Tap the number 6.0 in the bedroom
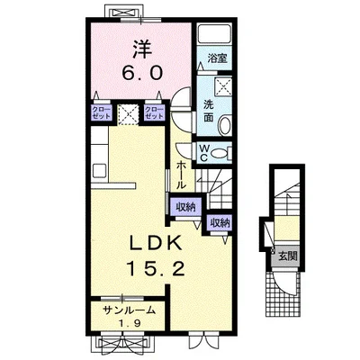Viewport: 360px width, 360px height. pyautogui.click(x=142, y=73)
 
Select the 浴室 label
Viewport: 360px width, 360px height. pyautogui.click(x=217, y=58)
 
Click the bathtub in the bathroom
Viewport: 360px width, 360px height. pyautogui.click(x=214, y=33)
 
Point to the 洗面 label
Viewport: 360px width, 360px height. pyautogui.click(x=209, y=111)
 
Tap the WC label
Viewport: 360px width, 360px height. pyautogui.click(x=204, y=153)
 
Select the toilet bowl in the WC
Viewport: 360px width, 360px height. pyautogui.click(x=220, y=153)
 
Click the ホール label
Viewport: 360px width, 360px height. pyautogui.click(x=181, y=175)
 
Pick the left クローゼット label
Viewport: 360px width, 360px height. pyautogui.click(x=102, y=112)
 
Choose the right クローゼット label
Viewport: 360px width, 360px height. pyautogui.click(x=154, y=112)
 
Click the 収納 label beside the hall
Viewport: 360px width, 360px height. pyautogui.click(x=185, y=207)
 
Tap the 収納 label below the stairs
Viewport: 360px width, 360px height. pyautogui.click(x=220, y=223)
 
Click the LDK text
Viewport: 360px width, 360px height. pyautogui.click(x=155, y=243)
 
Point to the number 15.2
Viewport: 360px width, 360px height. pyautogui.click(x=155, y=268)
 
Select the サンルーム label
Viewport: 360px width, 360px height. pyautogui.click(x=129, y=310)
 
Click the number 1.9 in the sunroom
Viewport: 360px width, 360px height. pyautogui.click(x=130, y=323)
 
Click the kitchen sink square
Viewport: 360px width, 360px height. pyautogui.click(x=99, y=171)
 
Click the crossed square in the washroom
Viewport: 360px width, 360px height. pyautogui.click(x=223, y=86)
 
